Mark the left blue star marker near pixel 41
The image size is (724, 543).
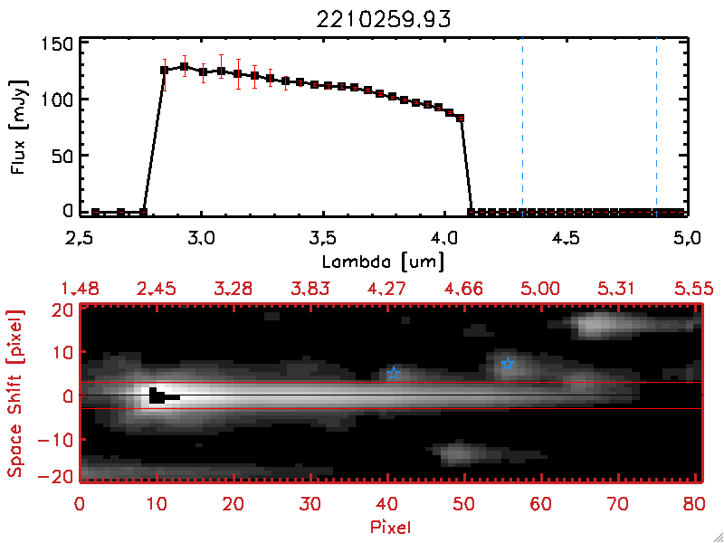pos(394,373)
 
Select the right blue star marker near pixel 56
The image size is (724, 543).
pos(508,364)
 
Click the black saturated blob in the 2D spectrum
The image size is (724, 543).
pos(159,395)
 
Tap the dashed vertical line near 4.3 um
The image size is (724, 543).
pos(522,127)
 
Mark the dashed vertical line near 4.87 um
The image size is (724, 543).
pos(656,127)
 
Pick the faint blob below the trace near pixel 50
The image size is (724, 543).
pos(458,451)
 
